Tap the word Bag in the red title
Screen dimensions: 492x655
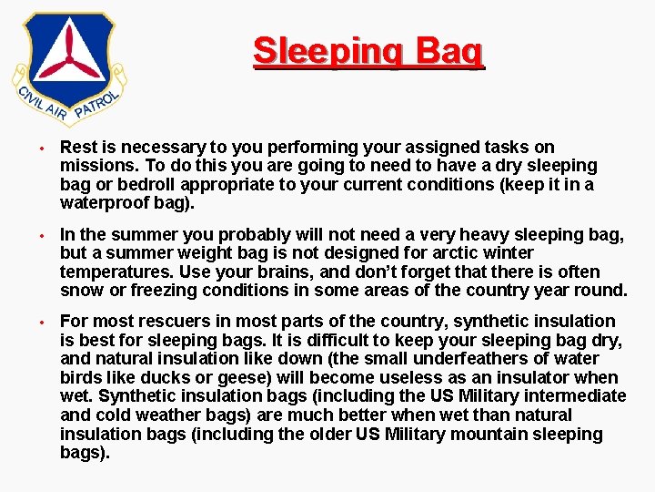447,52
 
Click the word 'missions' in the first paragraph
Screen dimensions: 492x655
93,166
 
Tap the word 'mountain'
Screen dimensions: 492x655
492,434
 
